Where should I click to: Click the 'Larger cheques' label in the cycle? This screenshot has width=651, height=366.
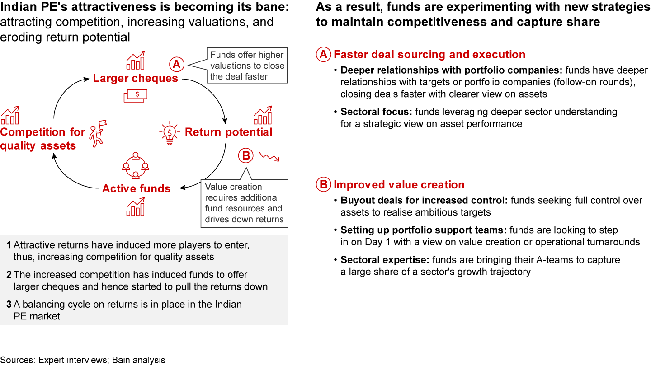[136, 79]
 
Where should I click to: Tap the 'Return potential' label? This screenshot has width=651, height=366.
[228, 132]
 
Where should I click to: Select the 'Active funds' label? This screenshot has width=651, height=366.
[137, 189]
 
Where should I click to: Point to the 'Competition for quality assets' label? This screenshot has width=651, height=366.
[42, 139]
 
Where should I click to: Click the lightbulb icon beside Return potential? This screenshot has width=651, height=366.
[169, 133]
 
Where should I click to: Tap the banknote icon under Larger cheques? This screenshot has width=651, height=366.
[135, 94]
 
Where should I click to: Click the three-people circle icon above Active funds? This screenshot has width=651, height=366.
[135, 166]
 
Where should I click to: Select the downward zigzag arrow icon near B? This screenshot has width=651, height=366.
[269, 156]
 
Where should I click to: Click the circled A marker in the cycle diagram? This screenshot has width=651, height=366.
[176, 65]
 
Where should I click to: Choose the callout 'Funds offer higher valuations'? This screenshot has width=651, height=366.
[247, 66]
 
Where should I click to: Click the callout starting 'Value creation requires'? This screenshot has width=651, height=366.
[244, 203]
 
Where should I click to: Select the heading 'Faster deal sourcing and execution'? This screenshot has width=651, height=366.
[429, 55]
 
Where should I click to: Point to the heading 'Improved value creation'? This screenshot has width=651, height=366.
[399, 185]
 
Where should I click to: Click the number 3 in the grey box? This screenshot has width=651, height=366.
[9, 305]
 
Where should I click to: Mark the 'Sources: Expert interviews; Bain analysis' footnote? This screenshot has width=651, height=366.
[83, 360]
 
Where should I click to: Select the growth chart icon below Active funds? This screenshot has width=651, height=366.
[136, 207]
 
